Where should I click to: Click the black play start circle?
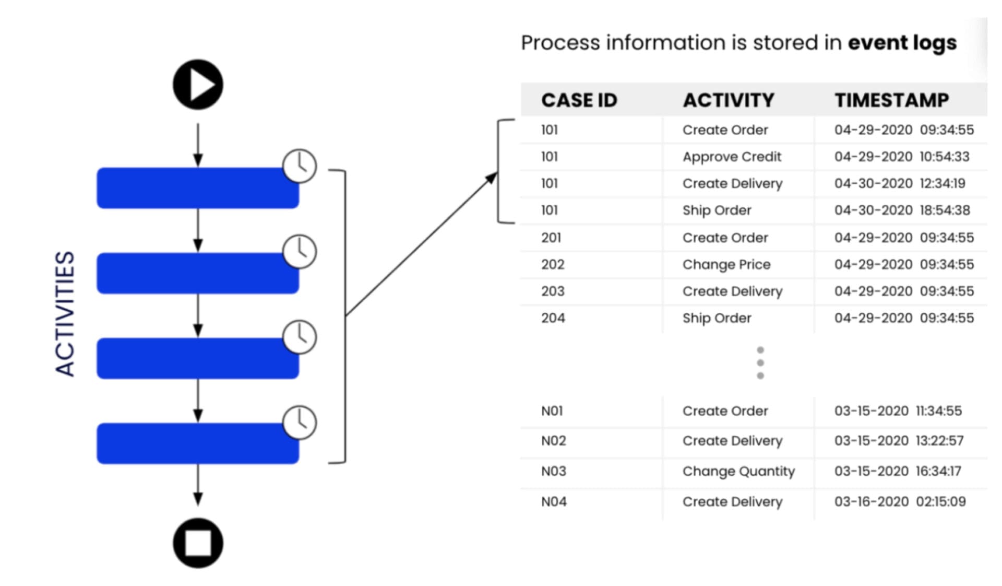point(198,85)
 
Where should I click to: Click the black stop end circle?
point(198,543)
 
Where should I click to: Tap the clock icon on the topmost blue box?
point(300,166)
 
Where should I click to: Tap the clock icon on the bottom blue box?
point(300,422)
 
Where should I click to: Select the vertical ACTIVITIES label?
point(65,314)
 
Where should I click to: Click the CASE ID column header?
point(579,100)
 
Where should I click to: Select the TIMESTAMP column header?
point(891,100)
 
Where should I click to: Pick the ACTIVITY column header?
point(729,100)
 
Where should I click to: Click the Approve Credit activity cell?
point(732,157)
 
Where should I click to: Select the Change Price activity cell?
point(726,264)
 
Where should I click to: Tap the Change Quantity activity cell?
point(738,471)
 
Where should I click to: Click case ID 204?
point(553,318)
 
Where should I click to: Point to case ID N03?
point(553,471)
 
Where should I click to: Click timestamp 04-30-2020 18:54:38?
point(902,210)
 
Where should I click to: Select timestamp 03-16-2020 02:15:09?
point(900,501)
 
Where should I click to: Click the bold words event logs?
point(902,43)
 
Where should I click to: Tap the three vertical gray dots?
point(760,363)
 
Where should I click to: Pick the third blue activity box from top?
point(198,358)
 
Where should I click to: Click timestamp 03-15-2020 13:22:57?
point(899,441)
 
